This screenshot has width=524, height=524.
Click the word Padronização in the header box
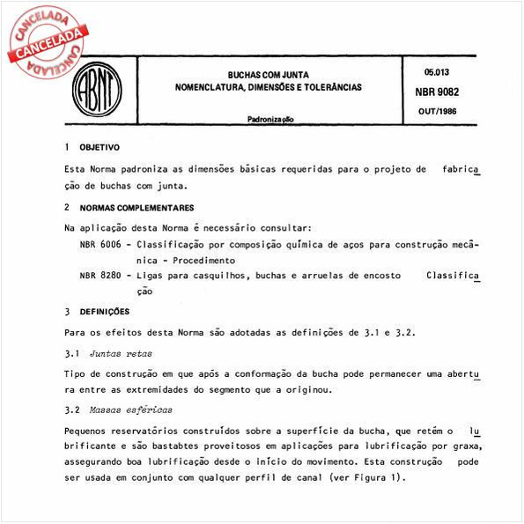pos(272,119)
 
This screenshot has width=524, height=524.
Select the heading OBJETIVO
pos(100,147)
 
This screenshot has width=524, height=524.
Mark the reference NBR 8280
pos(100,277)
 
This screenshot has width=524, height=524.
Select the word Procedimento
pos(203,261)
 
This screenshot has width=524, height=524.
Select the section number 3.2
pos(72,410)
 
